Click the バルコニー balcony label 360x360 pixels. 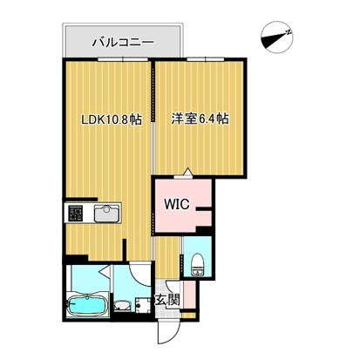point(123,40)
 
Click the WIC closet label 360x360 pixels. point(173,206)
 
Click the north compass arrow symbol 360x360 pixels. point(276,37)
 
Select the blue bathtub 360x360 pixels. point(87,307)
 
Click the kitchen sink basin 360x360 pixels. point(108,212)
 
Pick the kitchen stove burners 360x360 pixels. point(75,212)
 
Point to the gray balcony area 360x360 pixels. point(122,41)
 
